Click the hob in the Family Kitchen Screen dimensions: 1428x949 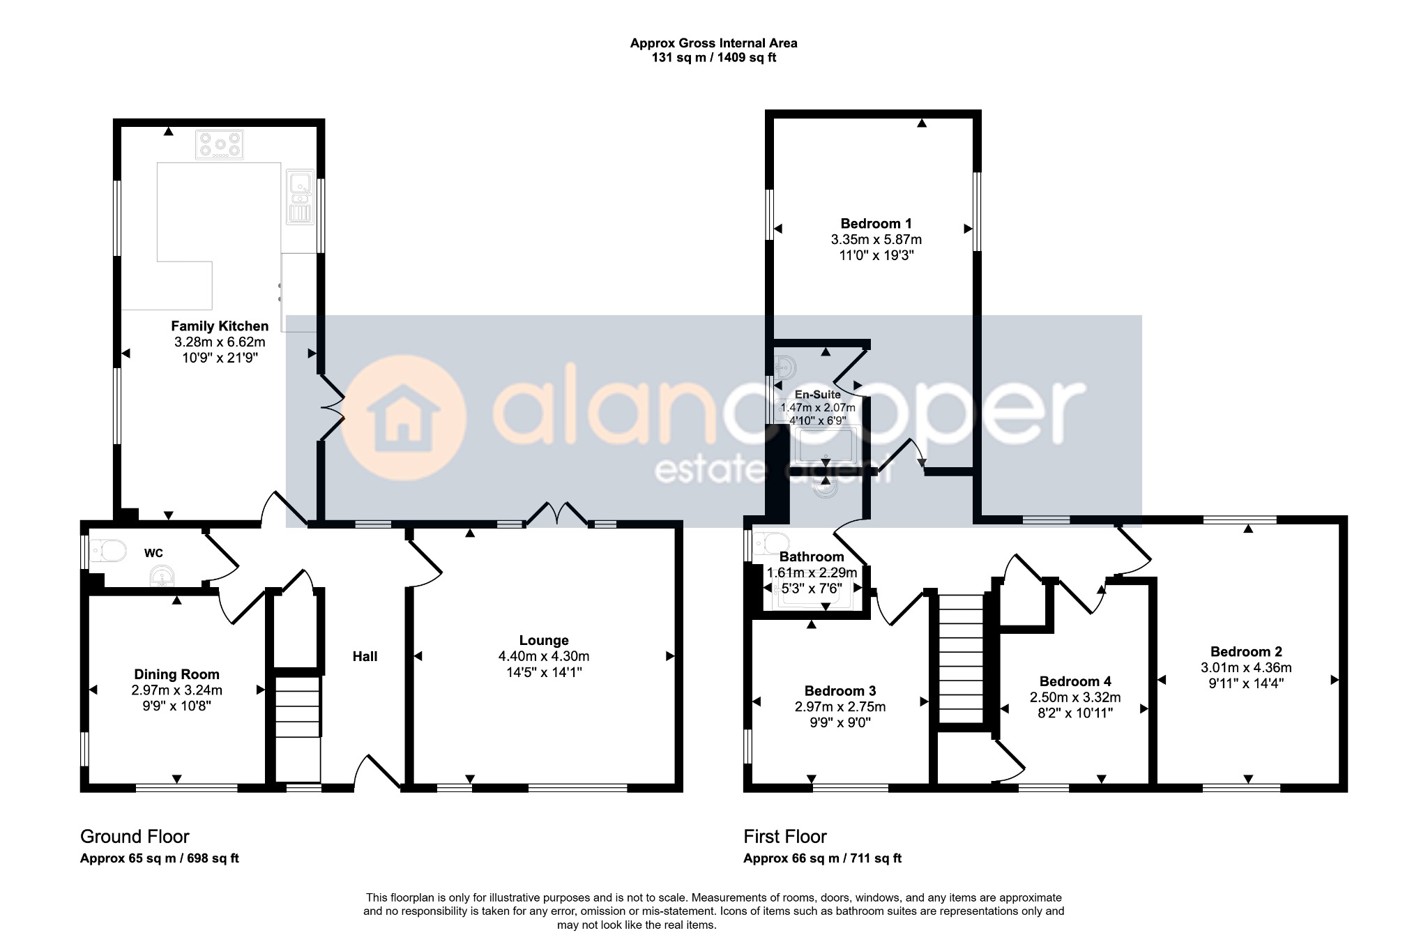220,145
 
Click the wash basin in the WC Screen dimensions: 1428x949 162,577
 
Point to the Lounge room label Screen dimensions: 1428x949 544,640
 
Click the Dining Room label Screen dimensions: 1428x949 176,674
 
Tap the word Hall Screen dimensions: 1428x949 365,656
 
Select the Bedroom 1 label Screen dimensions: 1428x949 876,224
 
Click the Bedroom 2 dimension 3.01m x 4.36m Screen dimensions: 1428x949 1246,667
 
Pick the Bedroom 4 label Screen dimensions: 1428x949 1075,681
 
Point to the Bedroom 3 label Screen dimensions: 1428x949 840,691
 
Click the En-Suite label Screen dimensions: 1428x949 818,395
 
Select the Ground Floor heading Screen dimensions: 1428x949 135,836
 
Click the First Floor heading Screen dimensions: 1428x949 785,836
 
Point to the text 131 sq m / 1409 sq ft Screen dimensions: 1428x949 714,58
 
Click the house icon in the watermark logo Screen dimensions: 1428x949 403,420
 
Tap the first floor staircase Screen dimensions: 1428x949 961,658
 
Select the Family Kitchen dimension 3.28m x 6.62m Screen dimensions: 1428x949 220,342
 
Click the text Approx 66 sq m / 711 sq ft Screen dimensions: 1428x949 823,858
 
